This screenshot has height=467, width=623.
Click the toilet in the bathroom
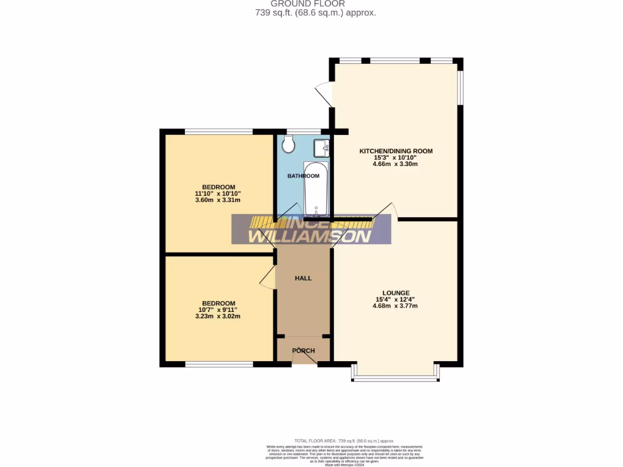288,144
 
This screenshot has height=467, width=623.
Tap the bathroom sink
321,148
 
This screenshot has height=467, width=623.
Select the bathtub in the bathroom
316,189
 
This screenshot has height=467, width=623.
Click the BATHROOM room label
303,176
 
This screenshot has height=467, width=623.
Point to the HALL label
303,278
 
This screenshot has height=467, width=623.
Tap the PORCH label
303,350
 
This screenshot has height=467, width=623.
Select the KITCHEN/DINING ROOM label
395,151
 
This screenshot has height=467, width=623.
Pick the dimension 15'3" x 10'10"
395,157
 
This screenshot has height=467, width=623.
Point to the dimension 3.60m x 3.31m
218,200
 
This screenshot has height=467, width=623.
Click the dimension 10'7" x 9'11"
218,310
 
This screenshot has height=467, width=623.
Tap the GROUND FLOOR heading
316,4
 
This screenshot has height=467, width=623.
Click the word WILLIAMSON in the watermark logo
310,236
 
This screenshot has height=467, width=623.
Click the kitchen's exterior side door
324,94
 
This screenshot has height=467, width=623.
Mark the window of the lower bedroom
219,364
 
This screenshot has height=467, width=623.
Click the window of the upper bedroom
219,131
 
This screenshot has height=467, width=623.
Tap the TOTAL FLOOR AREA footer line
344,440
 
